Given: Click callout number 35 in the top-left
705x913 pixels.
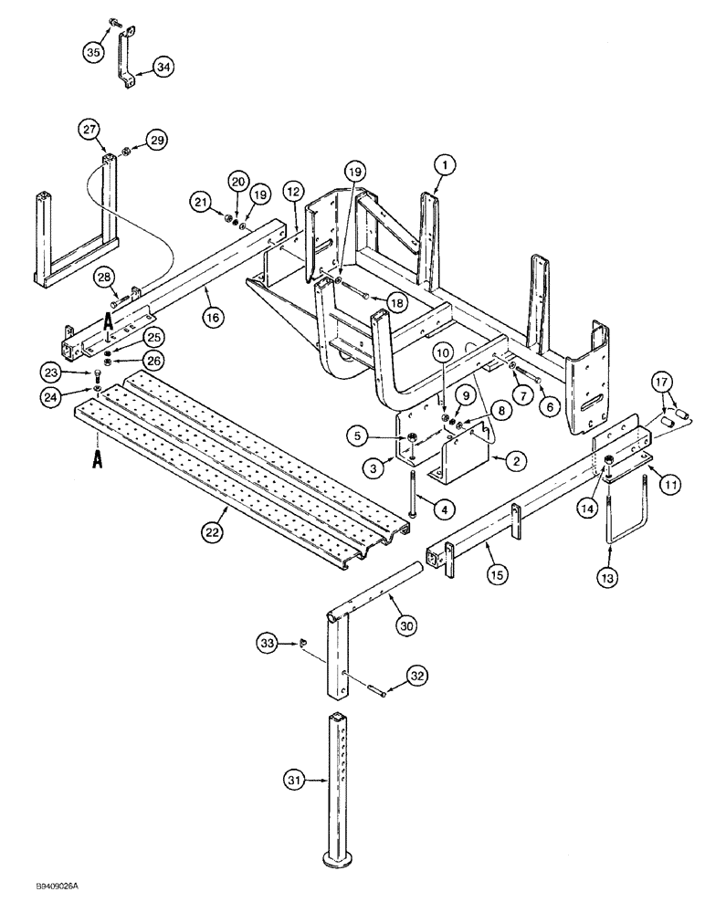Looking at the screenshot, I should click(x=92, y=54).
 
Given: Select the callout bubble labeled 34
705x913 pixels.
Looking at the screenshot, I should click(x=162, y=67).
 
